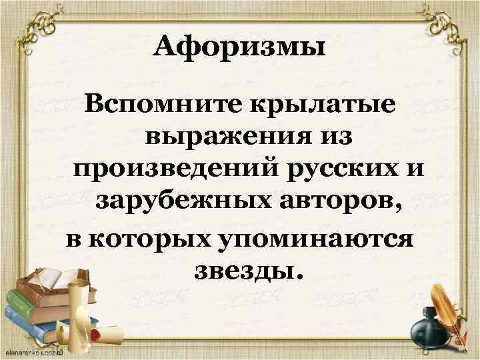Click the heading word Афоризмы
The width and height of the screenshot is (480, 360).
coord(239,48)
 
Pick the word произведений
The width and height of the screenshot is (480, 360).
coord(176,171)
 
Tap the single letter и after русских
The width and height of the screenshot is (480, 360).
coord(416,171)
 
